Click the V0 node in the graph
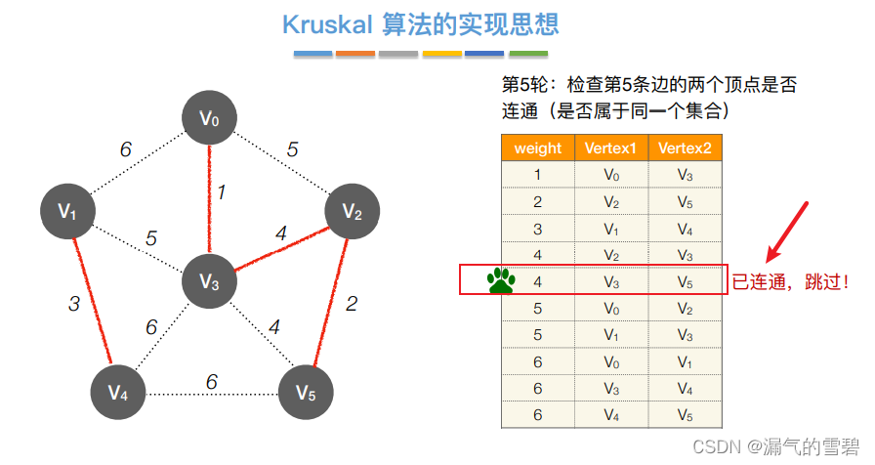pos(210,119)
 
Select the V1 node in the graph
pos(67,210)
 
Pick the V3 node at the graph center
pos(210,281)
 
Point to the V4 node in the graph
pos(117,393)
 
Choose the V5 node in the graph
pos(306,393)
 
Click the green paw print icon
pos(502,281)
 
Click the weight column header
pos(537,148)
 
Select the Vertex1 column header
pos(610,148)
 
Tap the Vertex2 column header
pos(685,148)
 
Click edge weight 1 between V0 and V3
pos(222,192)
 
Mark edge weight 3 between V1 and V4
pos(74,304)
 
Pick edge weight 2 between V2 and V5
pos(352,303)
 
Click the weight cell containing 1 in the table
pos(537,175)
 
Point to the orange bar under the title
pos(355,54)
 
